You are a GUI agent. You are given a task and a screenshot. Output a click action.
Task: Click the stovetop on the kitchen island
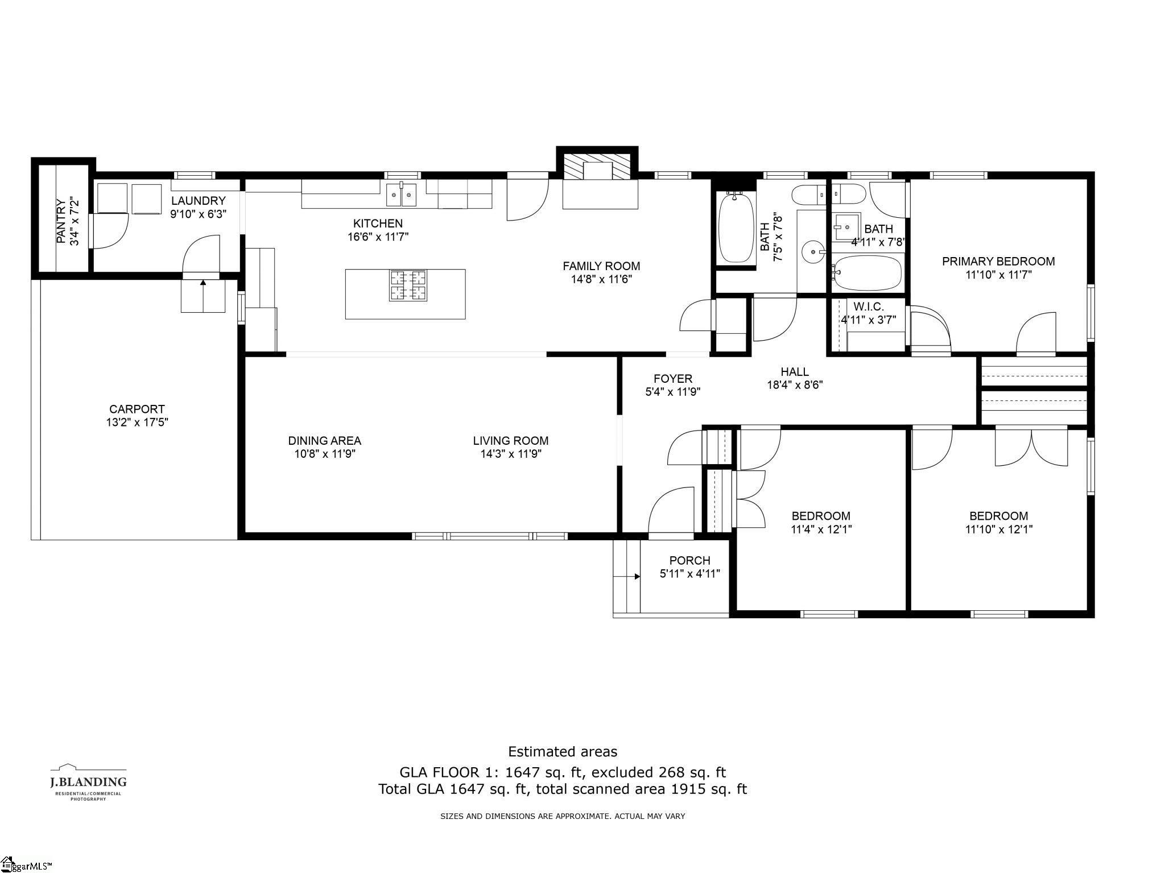tap(408, 285)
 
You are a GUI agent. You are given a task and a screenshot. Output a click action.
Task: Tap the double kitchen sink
tap(401, 195)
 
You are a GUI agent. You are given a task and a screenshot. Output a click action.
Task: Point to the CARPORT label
tap(137, 409)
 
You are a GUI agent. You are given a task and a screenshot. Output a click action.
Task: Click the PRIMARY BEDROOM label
tap(998, 262)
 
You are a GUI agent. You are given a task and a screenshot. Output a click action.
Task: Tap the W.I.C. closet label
tap(868, 307)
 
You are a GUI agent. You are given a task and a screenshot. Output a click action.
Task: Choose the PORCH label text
tap(689, 561)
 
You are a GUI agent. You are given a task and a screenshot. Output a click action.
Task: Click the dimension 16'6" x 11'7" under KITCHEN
tap(378, 237)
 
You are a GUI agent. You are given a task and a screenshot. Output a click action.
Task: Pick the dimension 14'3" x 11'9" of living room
tap(510, 454)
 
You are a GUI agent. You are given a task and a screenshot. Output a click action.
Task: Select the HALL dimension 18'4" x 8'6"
tap(795, 384)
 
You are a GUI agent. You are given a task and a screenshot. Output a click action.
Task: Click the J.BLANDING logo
tap(88, 782)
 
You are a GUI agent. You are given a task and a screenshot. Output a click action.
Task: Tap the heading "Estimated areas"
tap(563, 752)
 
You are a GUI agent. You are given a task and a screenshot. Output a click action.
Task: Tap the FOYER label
tap(673, 379)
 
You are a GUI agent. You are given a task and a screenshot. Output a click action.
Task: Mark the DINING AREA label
tap(324, 441)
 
